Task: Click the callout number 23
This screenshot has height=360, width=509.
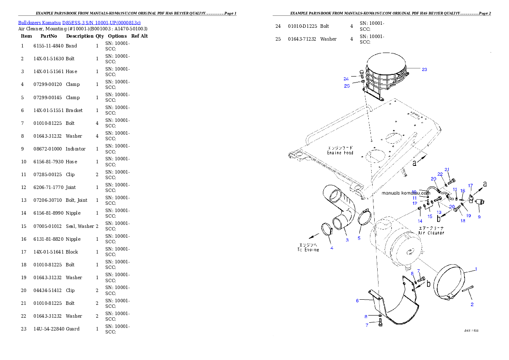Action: click(424, 69)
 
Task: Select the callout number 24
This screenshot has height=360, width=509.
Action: click(346, 79)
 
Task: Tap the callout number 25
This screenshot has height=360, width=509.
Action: click(347, 86)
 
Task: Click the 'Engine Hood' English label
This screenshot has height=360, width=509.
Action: click(340, 153)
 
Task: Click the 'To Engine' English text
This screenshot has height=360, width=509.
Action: click(308, 250)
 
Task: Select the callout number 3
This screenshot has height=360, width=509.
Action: click(347, 240)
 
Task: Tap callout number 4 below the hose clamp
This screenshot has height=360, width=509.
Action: click(331, 248)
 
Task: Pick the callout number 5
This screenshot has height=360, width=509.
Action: click(359, 238)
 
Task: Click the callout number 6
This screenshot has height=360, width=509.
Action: click(357, 301)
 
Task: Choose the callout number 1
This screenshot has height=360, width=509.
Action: click(476, 269)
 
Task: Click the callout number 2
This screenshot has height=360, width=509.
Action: click(472, 304)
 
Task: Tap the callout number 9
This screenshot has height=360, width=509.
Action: click(479, 217)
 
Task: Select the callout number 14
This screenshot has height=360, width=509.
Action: click(420, 221)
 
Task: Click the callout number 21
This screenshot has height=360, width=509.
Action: click(447, 169)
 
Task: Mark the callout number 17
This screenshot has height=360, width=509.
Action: click(471, 186)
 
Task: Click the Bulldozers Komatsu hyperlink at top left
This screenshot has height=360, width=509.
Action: click(79, 22)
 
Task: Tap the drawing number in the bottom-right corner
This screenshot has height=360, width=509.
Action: click(471, 330)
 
